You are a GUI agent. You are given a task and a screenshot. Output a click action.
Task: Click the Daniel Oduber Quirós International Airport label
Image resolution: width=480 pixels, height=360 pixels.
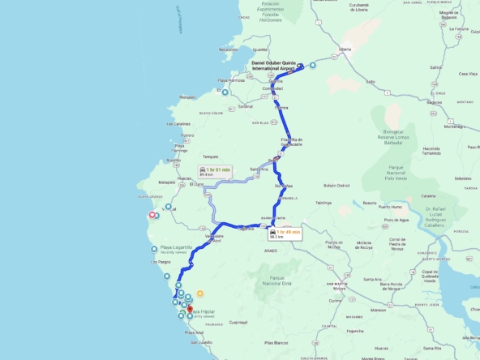pos(273,66)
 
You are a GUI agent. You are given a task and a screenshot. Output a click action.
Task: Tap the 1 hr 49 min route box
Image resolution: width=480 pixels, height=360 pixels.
pos(285,234)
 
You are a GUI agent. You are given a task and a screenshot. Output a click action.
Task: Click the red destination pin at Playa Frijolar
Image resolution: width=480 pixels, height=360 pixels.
pos(190,309)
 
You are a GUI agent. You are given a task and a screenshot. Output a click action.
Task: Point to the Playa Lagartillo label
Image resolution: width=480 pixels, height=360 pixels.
pos(176,246)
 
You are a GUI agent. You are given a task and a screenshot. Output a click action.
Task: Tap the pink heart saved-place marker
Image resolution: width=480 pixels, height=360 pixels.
pos(150,215)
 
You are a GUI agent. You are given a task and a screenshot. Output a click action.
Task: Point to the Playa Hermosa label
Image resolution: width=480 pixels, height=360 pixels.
pos(231,80)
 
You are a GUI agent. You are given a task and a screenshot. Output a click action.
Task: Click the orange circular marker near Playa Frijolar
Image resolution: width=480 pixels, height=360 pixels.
pos(200,293)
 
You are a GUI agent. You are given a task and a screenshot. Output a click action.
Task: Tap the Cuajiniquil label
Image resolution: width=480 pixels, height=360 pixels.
pos(238,322)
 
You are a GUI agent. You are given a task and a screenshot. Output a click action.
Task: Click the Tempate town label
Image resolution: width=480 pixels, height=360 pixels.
pos(211,156)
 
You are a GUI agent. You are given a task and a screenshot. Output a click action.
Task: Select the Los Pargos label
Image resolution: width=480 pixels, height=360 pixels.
pos(161,262)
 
